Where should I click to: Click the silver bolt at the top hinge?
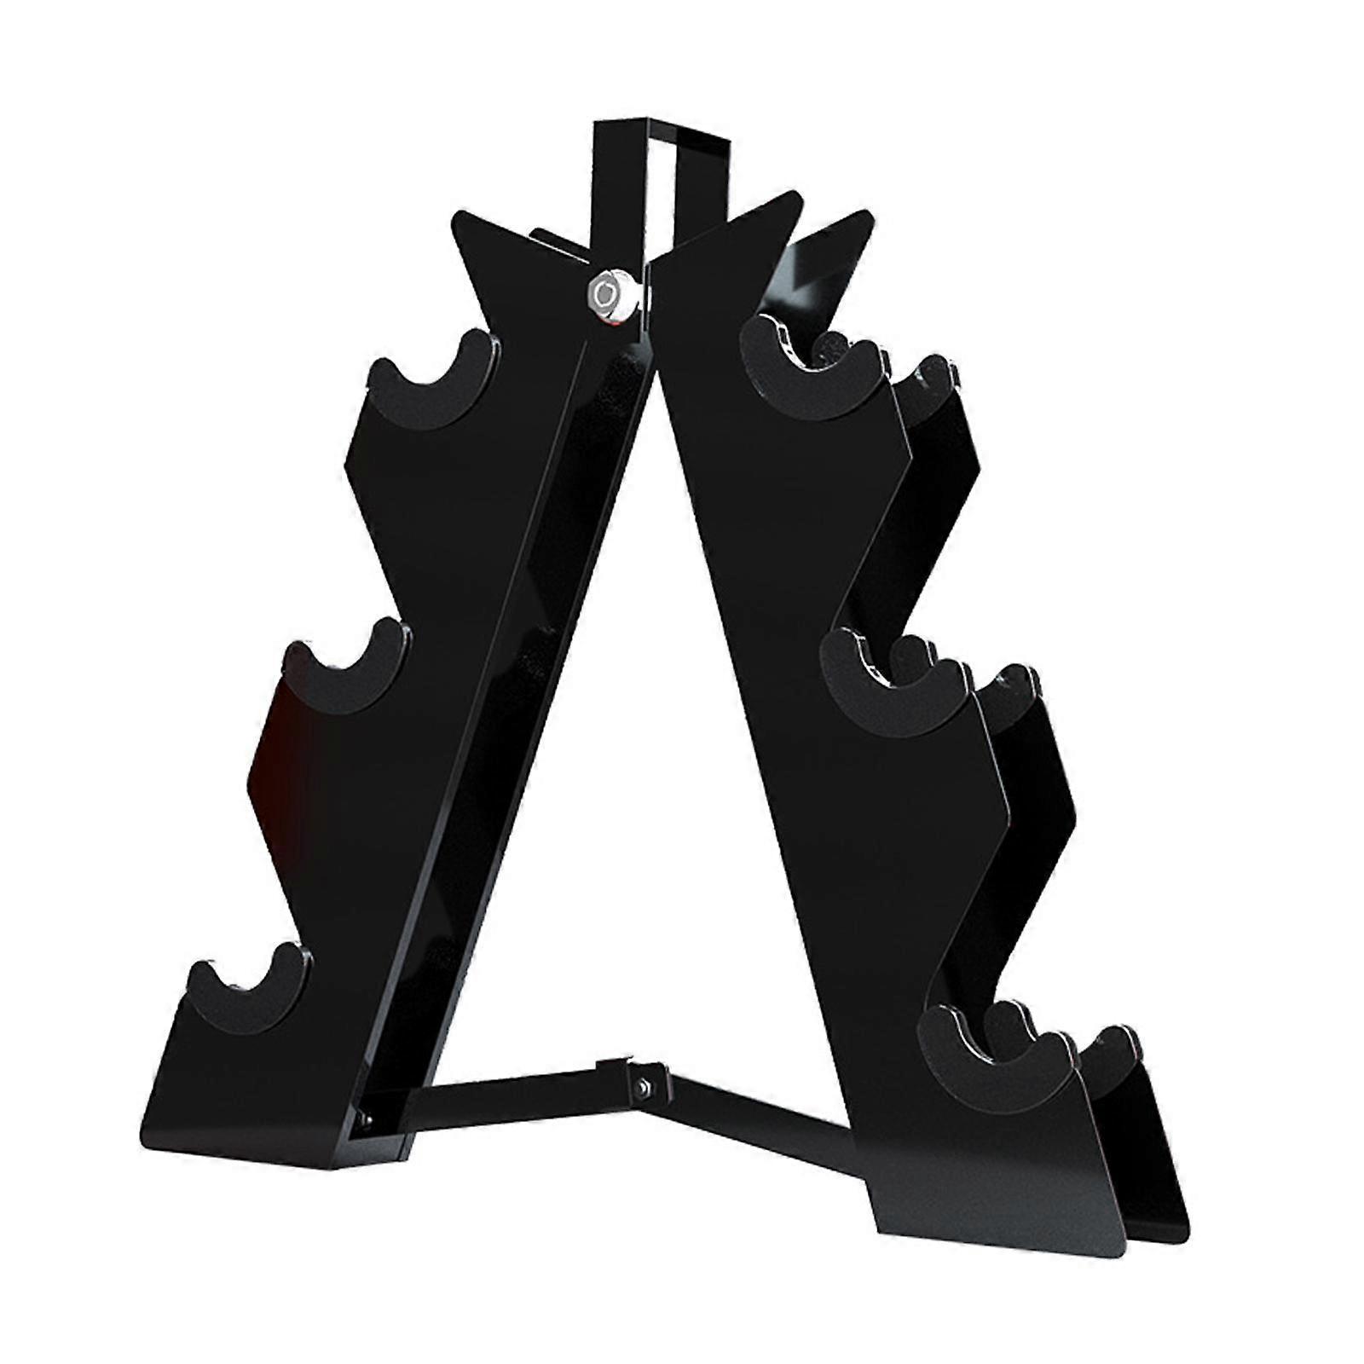607,295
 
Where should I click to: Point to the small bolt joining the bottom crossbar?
642,1084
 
